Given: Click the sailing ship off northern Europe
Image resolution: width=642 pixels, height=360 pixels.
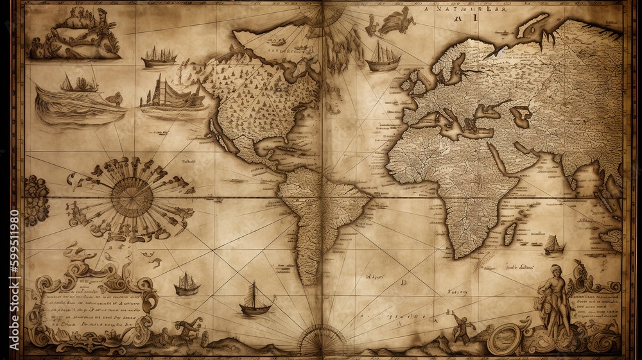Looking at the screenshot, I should [383, 58].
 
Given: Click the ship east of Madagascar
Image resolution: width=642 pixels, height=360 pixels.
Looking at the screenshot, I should [553, 244].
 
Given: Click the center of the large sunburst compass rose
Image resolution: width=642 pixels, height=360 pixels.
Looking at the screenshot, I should [132, 197].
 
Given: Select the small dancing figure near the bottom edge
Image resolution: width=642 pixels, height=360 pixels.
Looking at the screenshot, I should [462, 327].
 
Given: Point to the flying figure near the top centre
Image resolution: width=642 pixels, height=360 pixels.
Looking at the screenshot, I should [394, 22].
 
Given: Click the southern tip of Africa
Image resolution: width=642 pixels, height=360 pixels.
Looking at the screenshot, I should [473, 253].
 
